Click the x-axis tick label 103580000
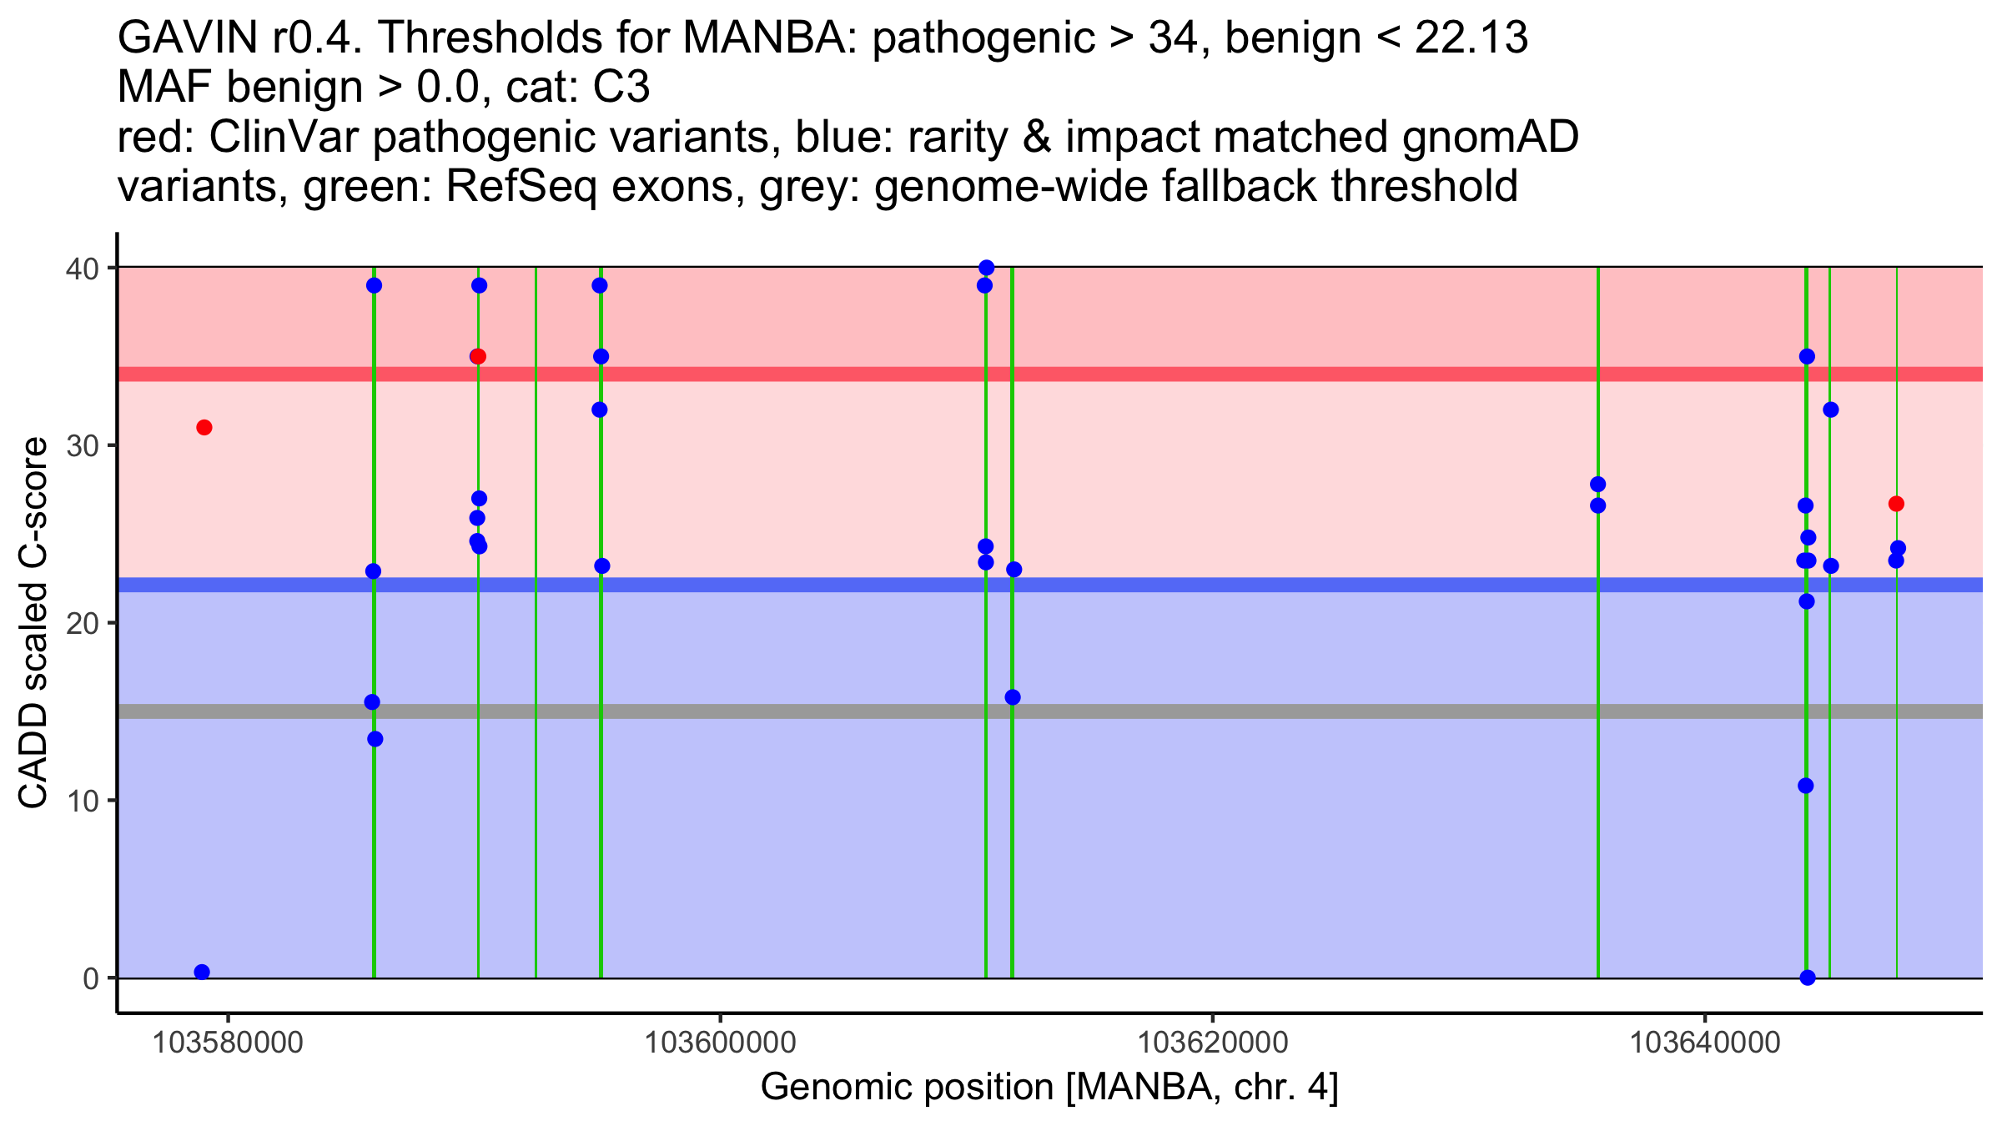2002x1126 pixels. [228, 1043]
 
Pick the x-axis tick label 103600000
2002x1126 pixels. [720, 1043]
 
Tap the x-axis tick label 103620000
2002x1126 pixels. [1212, 1043]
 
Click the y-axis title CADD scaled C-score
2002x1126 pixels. [33, 623]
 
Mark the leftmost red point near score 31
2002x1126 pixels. [204, 428]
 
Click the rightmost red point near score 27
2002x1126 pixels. [1896, 504]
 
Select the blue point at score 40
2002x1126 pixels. [987, 268]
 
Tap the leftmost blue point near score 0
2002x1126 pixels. [202, 972]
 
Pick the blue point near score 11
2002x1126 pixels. [1806, 786]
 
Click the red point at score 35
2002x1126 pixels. [478, 357]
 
